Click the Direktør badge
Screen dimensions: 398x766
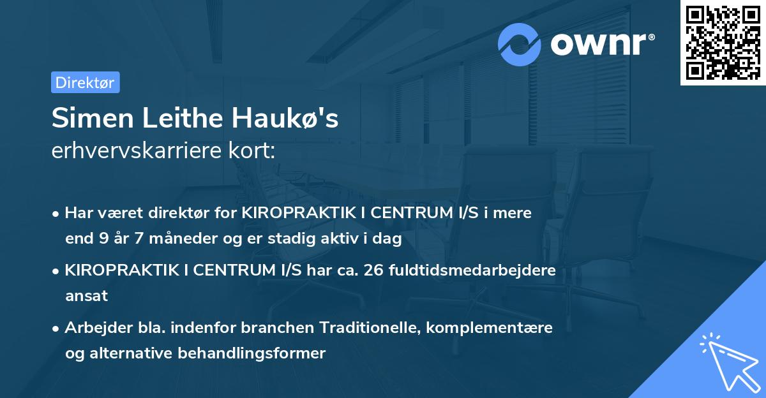pyautogui.click(x=85, y=82)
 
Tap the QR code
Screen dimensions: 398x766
pyautogui.click(x=723, y=42)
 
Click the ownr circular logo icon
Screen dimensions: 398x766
pyautogui.click(x=520, y=44)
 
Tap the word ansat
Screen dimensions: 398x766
pyautogui.click(x=86, y=296)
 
